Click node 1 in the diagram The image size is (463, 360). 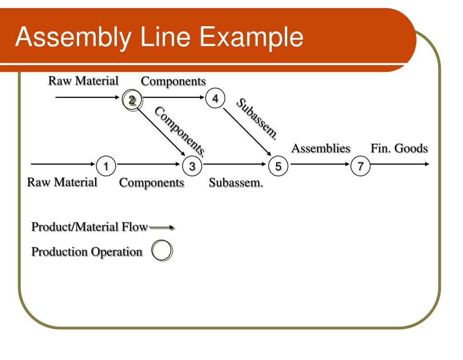106,166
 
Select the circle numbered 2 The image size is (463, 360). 132,100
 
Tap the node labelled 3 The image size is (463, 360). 192,166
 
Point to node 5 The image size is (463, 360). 278,166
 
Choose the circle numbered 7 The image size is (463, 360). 360,166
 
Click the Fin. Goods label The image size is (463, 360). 399,148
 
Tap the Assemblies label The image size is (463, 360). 321,148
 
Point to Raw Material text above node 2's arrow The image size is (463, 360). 83,81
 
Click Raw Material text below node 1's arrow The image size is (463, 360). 62,182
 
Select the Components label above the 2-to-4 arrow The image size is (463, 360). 173,81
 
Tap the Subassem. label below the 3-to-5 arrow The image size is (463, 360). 236,183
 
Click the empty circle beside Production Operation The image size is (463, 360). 162,251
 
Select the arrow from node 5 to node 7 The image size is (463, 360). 319,165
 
